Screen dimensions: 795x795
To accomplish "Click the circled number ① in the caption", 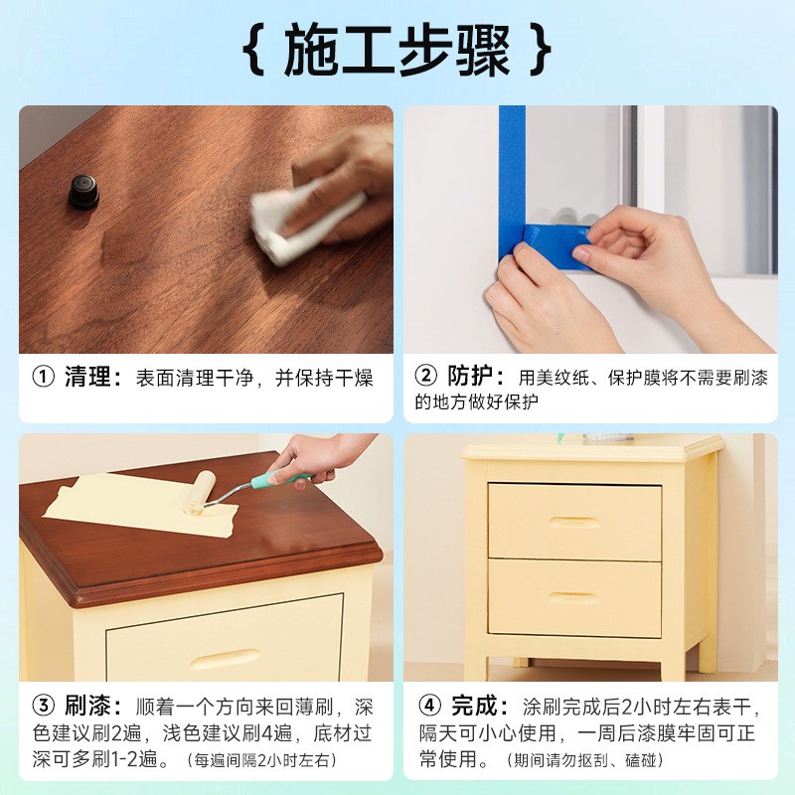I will (x=43, y=378).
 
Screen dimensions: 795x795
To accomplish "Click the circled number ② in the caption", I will (x=425, y=377).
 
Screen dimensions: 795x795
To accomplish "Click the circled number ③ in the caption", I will (x=43, y=707).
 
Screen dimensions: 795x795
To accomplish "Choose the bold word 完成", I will (x=474, y=707).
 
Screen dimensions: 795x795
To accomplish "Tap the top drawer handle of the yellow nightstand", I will (x=573, y=522).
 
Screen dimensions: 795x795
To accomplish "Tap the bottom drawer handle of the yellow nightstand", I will (x=573, y=597).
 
